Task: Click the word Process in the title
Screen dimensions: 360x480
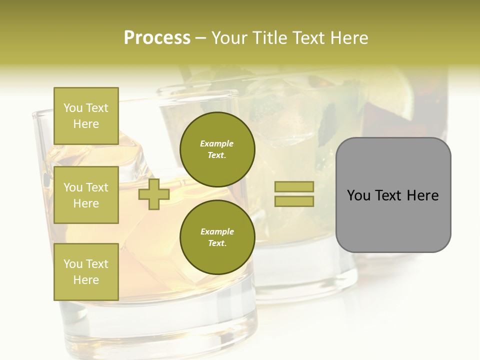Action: pos(157,37)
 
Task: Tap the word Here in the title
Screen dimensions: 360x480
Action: pos(348,38)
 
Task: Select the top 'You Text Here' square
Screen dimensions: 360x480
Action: pos(86,116)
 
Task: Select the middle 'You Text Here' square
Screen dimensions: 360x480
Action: pos(86,195)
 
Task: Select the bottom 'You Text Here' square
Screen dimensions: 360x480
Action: pos(86,272)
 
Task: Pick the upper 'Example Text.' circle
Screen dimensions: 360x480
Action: pos(217,149)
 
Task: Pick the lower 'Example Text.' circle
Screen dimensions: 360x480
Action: pos(217,237)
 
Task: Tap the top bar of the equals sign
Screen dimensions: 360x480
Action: pos(294,186)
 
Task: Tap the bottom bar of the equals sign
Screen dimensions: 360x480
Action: pos(294,201)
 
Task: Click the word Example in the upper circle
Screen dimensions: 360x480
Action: pos(216,143)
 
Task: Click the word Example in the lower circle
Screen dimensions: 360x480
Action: pos(217,231)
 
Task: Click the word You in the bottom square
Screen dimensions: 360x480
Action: pos(73,264)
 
